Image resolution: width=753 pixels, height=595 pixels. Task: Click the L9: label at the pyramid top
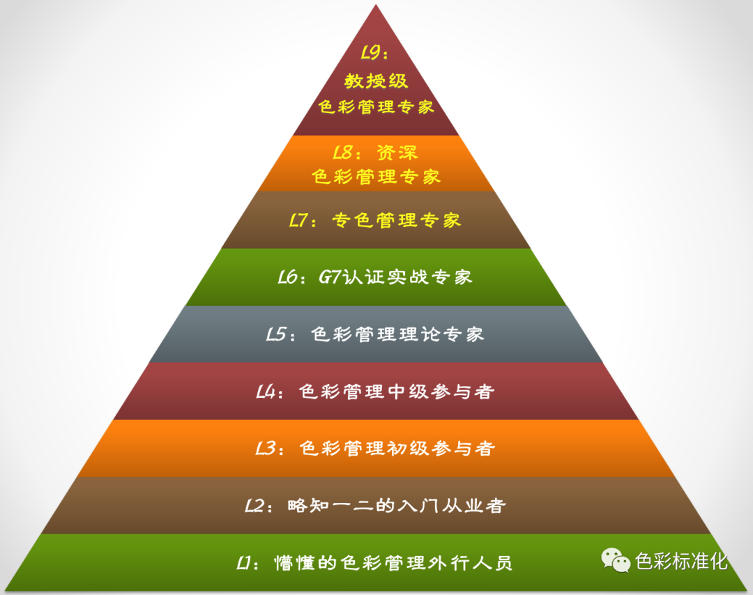point(374,53)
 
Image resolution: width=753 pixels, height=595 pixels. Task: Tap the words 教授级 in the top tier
point(376,80)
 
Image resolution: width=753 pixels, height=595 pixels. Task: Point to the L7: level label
point(304,221)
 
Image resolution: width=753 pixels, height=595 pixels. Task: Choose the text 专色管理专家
point(396,221)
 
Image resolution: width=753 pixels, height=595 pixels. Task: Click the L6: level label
point(291,277)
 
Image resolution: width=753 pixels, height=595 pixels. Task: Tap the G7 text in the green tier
point(330,277)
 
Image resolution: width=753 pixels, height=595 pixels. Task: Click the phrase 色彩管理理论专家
point(397,334)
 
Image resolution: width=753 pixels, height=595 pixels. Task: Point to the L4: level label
point(269,392)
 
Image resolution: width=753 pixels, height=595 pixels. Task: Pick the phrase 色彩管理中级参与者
point(397,392)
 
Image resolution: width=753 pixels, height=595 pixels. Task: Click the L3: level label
point(269,449)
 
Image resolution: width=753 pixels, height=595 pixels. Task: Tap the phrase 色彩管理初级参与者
point(397,449)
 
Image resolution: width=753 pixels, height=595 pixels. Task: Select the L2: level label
point(257,506)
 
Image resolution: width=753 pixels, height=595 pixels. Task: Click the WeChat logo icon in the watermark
point(616,559)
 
